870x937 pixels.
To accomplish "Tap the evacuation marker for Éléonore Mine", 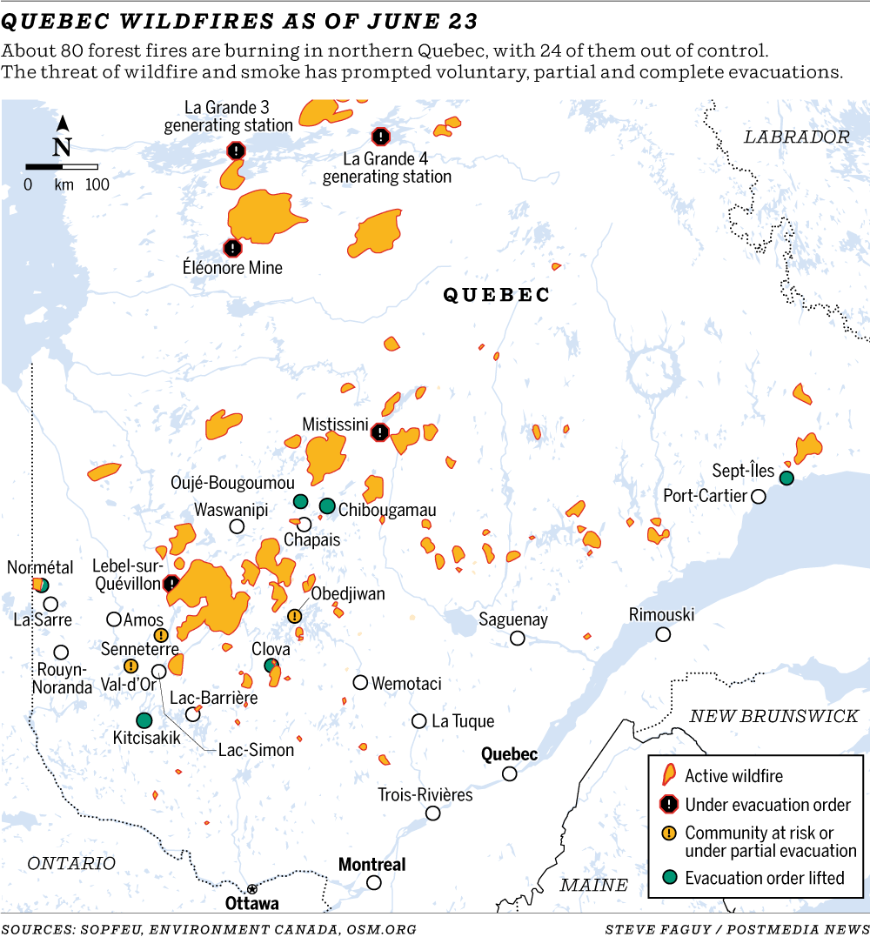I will [231, 247].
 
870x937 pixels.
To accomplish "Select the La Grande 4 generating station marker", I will [380, 137].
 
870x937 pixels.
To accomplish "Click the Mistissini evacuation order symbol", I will [380, 432].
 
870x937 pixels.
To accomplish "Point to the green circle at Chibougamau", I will [327, 505].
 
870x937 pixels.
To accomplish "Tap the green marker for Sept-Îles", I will [786, 478].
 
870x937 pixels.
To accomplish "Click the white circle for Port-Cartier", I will [759, 496].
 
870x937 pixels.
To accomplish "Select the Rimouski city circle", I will [663, 634].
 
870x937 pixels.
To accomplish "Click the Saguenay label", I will [513, 619].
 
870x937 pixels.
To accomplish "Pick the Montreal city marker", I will [374, 882].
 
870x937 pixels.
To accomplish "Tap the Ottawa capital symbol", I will [252, 888].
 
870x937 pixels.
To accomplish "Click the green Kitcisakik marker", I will [144, 719].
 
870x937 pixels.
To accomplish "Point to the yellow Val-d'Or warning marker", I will [130, 666].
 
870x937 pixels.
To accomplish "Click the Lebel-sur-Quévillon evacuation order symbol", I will [171, 583].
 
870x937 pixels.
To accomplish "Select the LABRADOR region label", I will [796, 137].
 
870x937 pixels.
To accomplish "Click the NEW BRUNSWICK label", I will [773, 716].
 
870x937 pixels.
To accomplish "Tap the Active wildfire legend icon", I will [668, 775].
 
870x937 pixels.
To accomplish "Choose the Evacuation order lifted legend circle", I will [668, 877].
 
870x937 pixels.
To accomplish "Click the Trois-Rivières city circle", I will [432, 813].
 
